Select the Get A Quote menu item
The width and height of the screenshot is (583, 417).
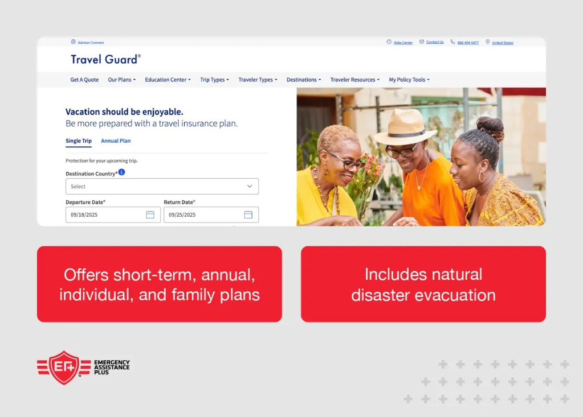click(x=84, y=80)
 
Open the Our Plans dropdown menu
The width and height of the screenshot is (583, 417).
click(x=121, y=80)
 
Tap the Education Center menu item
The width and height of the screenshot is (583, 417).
click(x=168, y=80)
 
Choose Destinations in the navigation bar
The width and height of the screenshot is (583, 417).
click(x=303, y=80)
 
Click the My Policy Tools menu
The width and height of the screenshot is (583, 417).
click(x=409, y=80)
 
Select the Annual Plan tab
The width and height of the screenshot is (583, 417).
click(x=116, y=141)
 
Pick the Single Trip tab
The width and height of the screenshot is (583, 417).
click(x=78, y=141)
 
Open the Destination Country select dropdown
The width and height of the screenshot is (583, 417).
click(x=162, y=187)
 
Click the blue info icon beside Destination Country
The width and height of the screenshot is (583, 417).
click(x=121, y=172)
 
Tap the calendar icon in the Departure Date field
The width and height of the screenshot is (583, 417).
click(x=150, y=214)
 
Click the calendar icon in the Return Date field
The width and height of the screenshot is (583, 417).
click(x=248, y=214)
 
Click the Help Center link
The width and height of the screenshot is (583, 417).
click(x=403, y=43)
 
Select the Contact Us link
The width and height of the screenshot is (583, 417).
click(x=435, y=42)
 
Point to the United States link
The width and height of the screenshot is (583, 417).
click(x=502, y=43)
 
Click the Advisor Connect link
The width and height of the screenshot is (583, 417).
click(x=91, y=43)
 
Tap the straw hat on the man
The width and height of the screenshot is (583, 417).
click(x=405, y=126)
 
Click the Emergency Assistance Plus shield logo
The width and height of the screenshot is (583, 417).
click(x=64, y=368)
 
